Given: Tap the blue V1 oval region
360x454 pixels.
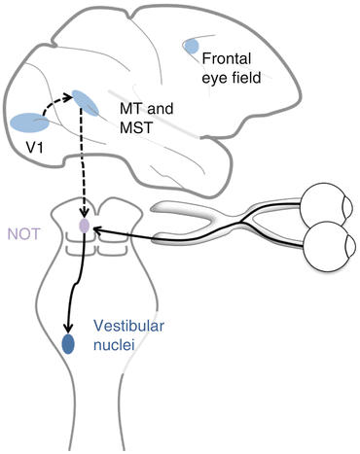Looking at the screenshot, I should (29, 123).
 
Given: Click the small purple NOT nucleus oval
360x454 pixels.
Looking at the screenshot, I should (85, 226).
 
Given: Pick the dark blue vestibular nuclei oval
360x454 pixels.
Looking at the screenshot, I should (69, 343).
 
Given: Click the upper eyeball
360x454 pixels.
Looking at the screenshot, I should (323, 204).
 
